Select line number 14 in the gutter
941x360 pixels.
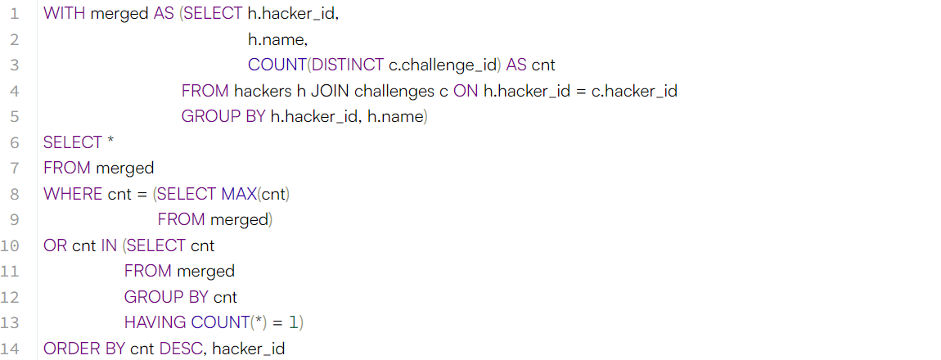click(x=11, y=349)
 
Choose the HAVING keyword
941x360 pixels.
click(x=155, y=323)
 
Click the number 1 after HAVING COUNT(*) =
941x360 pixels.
click(x=293, y=323)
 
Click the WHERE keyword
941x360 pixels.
click(x=73, y=194)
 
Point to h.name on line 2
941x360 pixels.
click(x=277, y=39)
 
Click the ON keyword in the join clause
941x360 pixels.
click(x=466, y=91)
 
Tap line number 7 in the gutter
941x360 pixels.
click(x=15, y=168)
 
